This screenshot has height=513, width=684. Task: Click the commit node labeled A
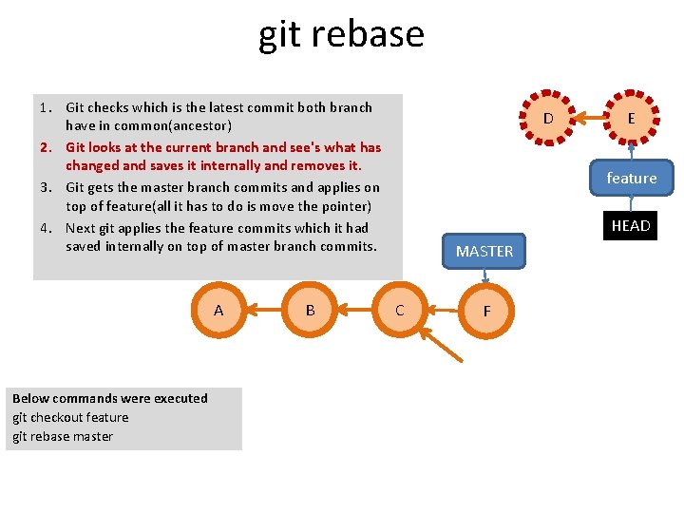pyautogui.click(x=218, y=310)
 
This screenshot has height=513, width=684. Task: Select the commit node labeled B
pyautogui.click(x=310, y=310)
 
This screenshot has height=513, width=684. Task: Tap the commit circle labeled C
pyautogui.click(x=399, y=310)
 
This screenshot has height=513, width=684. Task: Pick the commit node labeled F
pyautogui.click(x=486, y=311)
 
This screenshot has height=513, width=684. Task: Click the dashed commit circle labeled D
pyautogui.click(x=547, y=119)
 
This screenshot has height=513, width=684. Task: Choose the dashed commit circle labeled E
pyautogui.click(x=631, y=119)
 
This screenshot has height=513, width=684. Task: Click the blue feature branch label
pyautogui.click(x=631, y=178)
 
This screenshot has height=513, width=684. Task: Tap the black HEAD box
pyautogui.click(x=631, y=225)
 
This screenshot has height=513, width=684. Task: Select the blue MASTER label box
pyautogui.click(x=484, y=251)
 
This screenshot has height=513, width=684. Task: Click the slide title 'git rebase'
pyautogui.click(x=341, y=34)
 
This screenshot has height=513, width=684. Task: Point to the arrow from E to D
pyautogui.click(x=589, y=119)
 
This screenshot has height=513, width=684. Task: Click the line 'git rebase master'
pyautogui.click(x=63, y=436)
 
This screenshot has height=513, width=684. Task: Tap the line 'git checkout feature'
pyautogui.click(x=70, y=417)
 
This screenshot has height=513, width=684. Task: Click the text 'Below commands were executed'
pyautogui.click(x=109, y=398)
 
